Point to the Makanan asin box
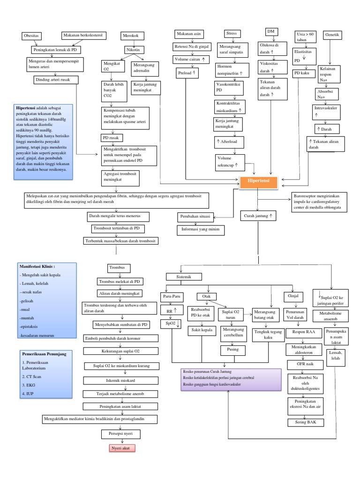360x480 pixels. point(189,34)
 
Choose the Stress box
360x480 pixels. point(232,34)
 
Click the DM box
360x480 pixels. point(270,31)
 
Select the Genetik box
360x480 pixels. point(332,35)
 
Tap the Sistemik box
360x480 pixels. point(184,277)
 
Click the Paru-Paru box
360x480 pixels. point(171,297)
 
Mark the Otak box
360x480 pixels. point(206,297)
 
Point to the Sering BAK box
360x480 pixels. point(302,422)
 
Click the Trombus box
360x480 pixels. point(116,268)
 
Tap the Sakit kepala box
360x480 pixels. point(201,330)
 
